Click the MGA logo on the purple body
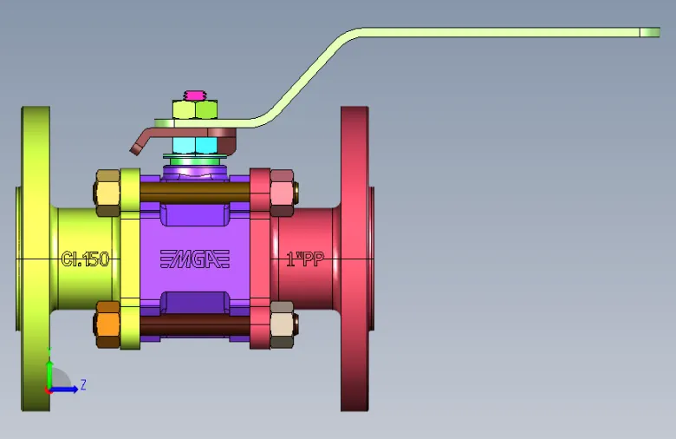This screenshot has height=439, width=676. click(x=195, y=259)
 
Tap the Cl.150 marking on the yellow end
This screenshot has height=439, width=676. click(x=85, y=259)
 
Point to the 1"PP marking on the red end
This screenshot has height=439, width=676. click(x=305, y=259)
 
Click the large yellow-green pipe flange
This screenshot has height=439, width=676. click(x=36, y=259)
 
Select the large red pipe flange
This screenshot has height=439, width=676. click(x=354, y=259)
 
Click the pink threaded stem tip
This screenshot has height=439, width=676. click(x=195, y=95)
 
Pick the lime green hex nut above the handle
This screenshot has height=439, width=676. click(x=195, y=109)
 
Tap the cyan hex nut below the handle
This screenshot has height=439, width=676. click(x=195, y=146)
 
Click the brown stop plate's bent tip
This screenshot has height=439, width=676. click(x=135, y=149)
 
